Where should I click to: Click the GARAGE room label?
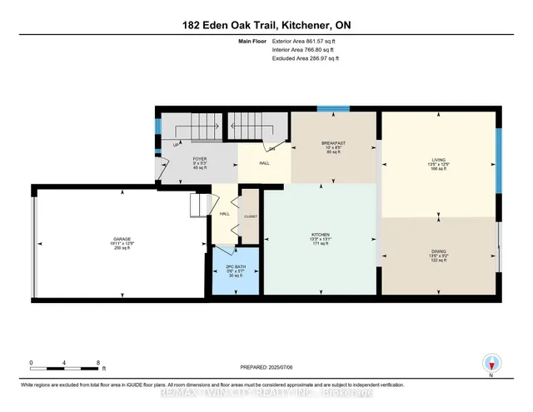(x=122, y=239)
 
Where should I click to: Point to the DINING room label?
(x=439, y=252)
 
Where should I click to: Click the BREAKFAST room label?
(x=333, y=143)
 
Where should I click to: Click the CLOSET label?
(x=251, y=216)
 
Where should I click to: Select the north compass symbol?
(x=491, y=364)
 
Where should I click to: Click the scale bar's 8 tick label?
(x=98, y=363)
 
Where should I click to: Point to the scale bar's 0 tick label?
(x=31, y=363)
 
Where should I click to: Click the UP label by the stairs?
(x=176, y=145)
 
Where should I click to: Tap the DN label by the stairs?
(x=271, y=148)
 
